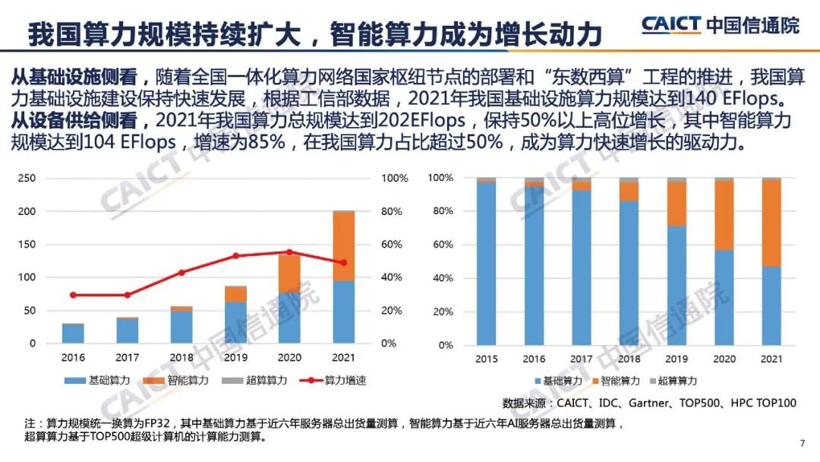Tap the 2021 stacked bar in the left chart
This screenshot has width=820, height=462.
coord(344,277)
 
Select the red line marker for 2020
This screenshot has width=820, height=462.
coord(289,252)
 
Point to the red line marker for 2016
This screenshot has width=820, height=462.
coord(73,295)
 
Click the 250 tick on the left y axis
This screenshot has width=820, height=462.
coord(27,178)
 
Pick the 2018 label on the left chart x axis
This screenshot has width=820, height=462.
coord(181,357)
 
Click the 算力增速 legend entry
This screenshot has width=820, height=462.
coord(334,380)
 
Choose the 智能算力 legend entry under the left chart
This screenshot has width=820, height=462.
coord(179,380)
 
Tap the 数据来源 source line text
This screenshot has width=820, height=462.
coord(649,402)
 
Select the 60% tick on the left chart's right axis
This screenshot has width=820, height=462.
coord(393,244)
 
